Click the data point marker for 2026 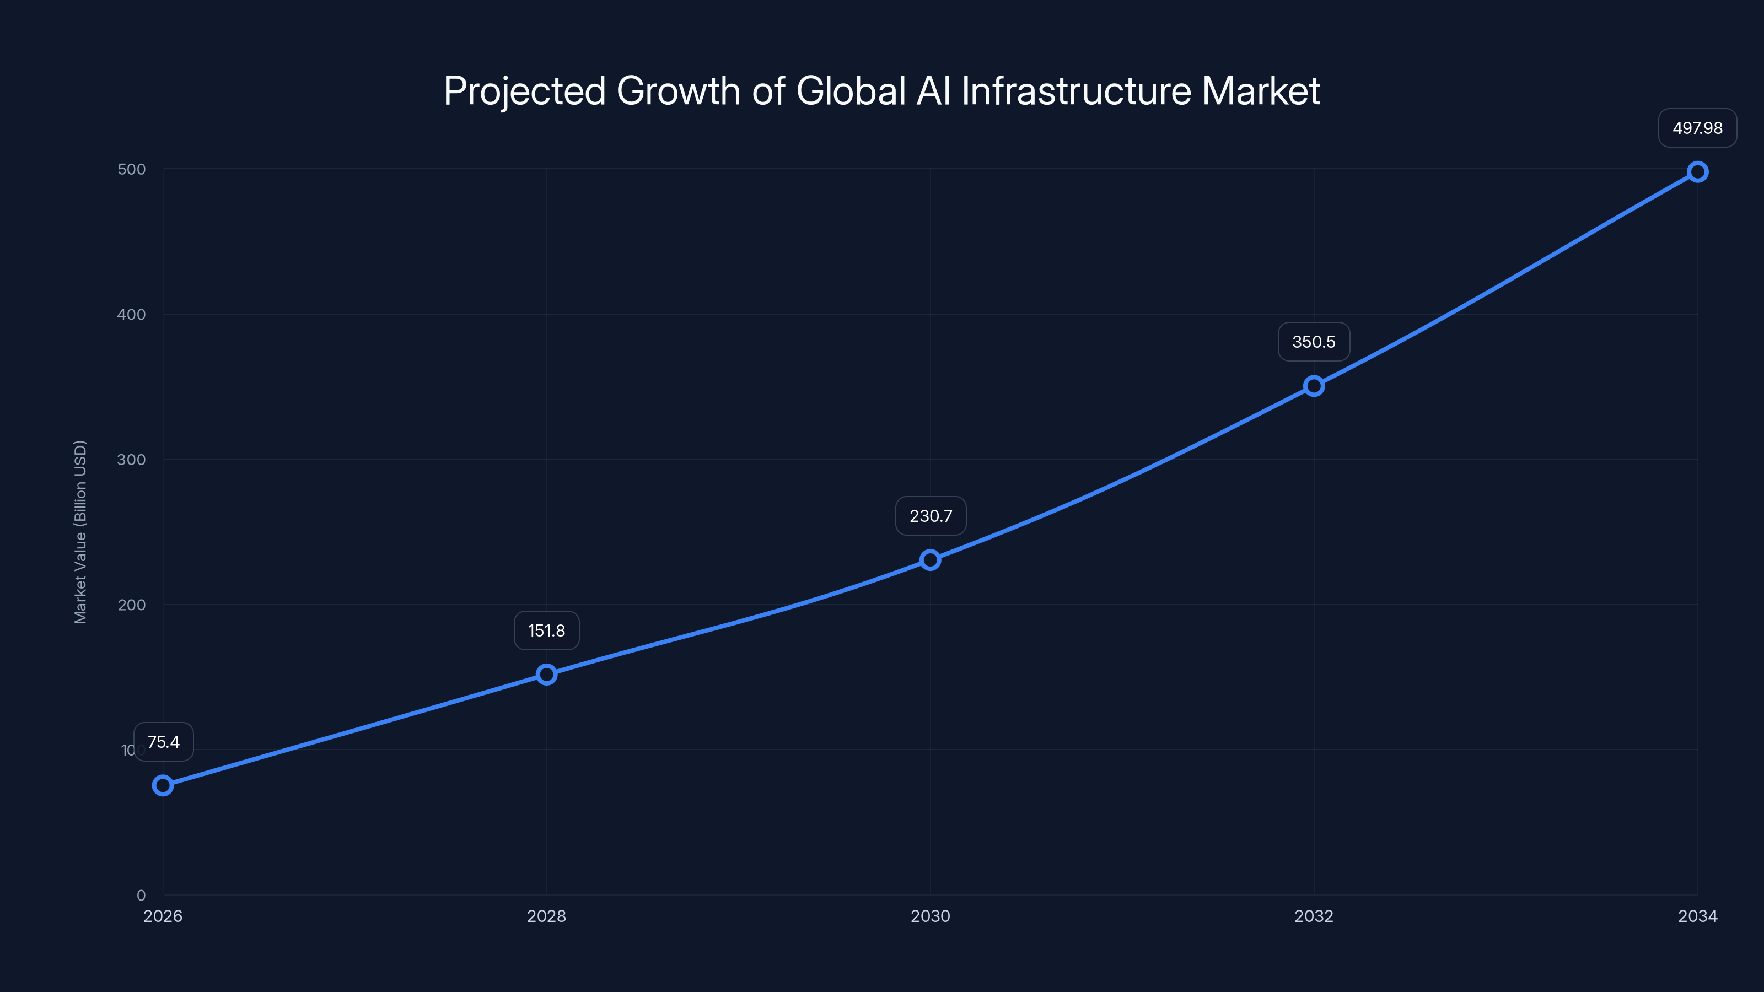(x=163, y=785)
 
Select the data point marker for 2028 (x=546, y=675)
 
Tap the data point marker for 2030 (x=930, y=560)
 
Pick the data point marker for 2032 (x=1314, y=386)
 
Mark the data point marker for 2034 (x=1697, y=172)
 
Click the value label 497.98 (x=1697, y=128)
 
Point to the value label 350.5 (x=1314, y=342)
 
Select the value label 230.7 (x=930, y=515)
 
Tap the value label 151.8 (x=546, y=630)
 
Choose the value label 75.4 (x=164, y=742)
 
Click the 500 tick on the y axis (x=132, y=169)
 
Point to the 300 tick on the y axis (x=132, y=460)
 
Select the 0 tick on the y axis (x=141, y=895)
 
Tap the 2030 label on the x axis (x=930, y=916)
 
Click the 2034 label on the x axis (x=1697, y=916)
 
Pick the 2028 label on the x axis (x=546, y=916)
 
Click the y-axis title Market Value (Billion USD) (x=80, y=532)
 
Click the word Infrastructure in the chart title (x=1077, y=91)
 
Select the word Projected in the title (x=525, y=91)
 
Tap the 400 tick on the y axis (x=132, y=314)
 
